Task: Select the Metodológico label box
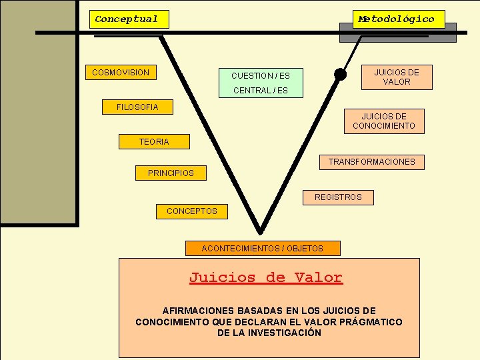point(397,19)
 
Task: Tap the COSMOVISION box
point(121,72)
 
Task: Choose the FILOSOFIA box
point(138,107)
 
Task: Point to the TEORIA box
point(154,141)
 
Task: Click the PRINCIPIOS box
point(171,173)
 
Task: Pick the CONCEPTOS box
point(192,211)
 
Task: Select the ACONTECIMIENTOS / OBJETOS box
point(263,248)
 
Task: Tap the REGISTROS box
point(338,197)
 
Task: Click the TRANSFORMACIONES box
point(371,161)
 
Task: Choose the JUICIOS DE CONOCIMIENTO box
point(384,121)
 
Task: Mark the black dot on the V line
point(340,74)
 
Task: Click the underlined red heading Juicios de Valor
point(265,277)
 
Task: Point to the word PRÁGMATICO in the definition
point(371,321)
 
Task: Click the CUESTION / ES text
point(261,75)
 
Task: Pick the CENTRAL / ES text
point(261,90)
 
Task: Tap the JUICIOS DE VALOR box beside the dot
point(397,77)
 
